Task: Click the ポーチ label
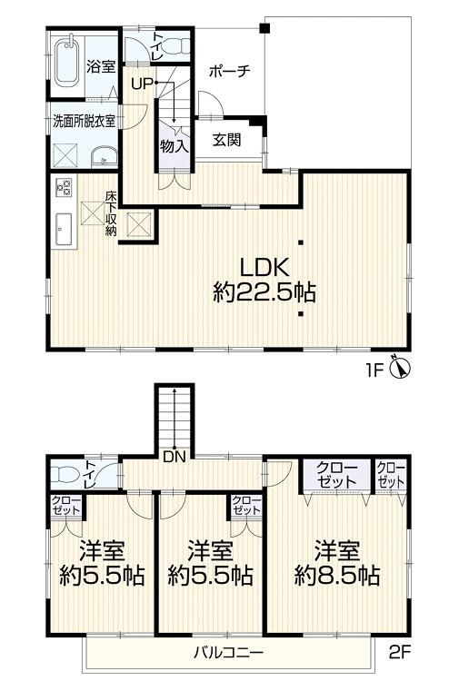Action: click(228, 71)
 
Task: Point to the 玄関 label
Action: click(226, 140)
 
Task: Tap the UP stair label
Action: click(142, 84)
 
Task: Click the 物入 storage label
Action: click(174, 145)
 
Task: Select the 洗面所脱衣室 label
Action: click(84, 119)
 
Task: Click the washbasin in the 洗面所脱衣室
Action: click(105, 154)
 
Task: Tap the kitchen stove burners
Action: click(65, 188)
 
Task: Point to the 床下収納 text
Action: click(111, 214)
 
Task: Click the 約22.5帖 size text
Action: click(264, 292)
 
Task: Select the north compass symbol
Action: click(400, 368)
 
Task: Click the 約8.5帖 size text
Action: click(336, 575)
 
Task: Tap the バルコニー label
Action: click(228, 653)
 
